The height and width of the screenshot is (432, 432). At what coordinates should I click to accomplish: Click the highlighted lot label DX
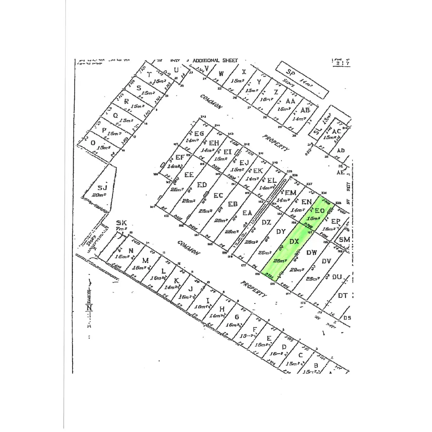click(x=294, y=242)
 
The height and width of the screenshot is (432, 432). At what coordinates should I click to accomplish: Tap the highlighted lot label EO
click(x=320, y=210)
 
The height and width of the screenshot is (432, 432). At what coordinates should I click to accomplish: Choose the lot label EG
click(x=199, y=134)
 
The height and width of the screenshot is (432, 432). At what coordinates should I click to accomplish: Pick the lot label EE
click(x=189, y=175)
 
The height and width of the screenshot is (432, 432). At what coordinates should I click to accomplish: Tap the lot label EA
click(x=247, y=213)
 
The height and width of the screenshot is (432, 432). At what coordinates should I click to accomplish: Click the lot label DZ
click(x=266, y=222)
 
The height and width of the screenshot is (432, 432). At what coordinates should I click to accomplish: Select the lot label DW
click(x=312, y=253)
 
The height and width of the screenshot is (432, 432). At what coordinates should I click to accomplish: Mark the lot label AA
click(x=290, y=101)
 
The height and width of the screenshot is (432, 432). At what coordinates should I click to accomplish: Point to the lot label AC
click(x=337, y=131)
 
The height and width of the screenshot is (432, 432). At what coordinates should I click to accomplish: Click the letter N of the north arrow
click(x=89, y=308)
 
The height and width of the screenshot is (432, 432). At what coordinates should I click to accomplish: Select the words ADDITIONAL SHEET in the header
click(x=215, y=60)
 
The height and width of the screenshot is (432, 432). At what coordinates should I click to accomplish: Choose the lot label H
click(x=222, y=309)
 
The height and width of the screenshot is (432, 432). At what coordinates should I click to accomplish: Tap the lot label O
click(x=93, y=143)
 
